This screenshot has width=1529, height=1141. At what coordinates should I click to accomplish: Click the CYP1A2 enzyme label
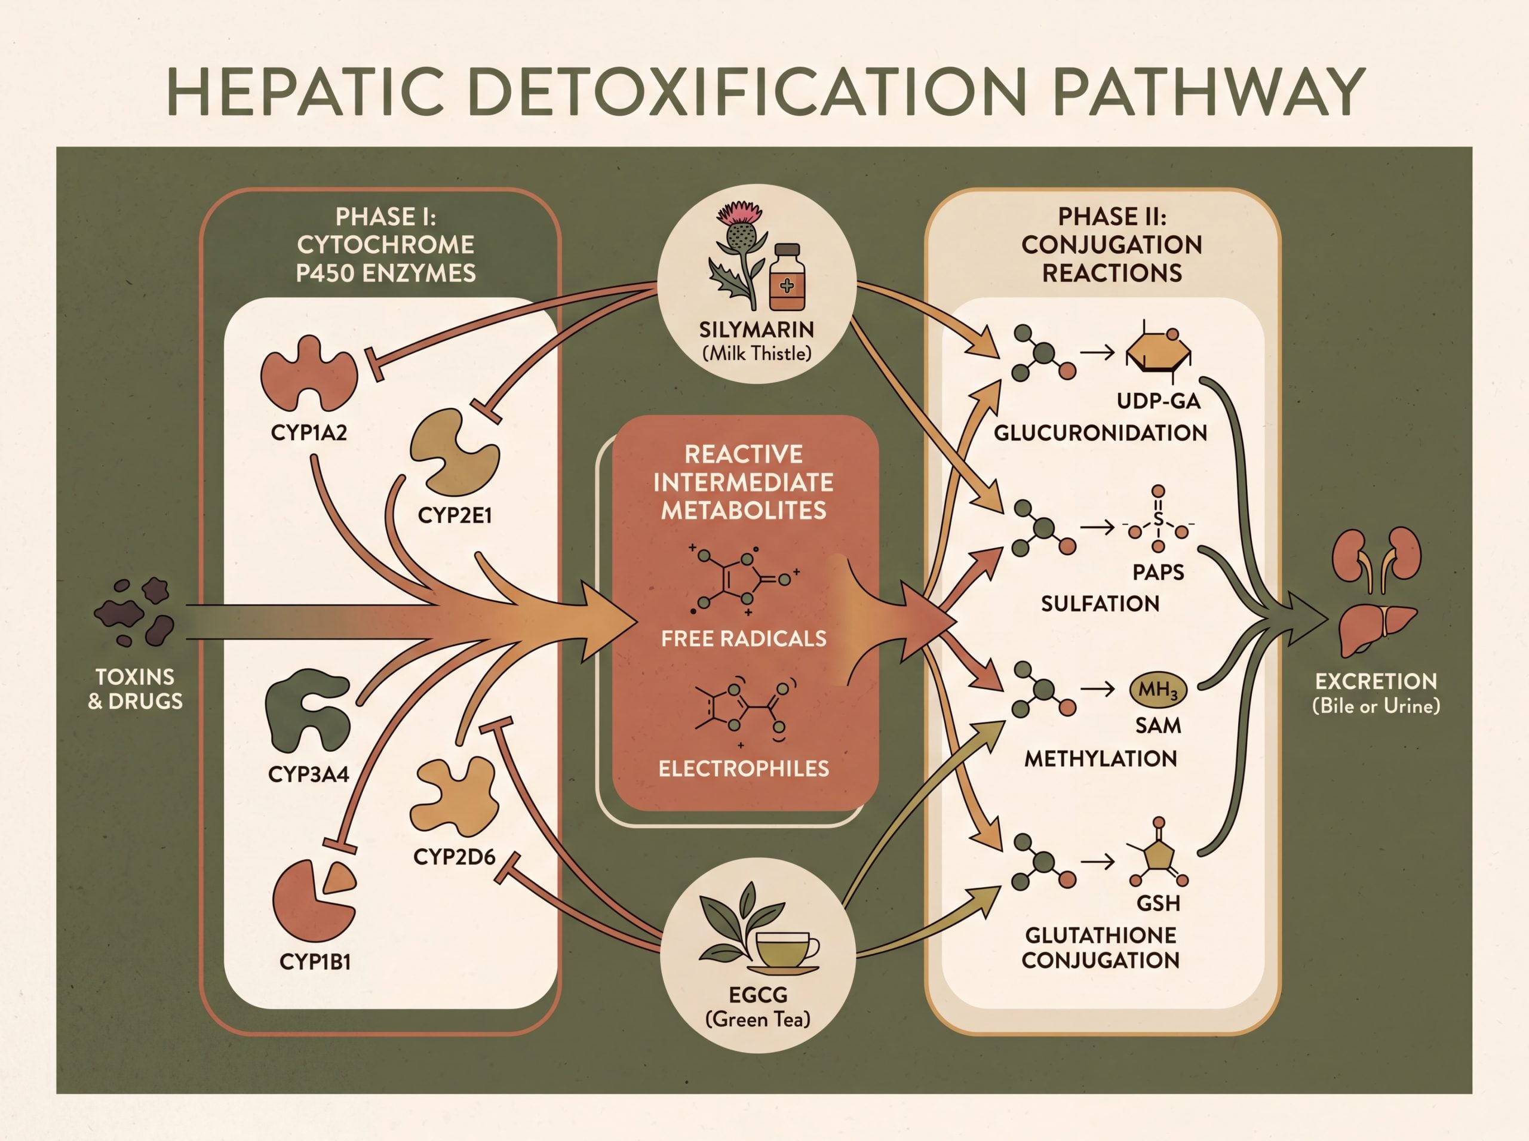coord(308,433)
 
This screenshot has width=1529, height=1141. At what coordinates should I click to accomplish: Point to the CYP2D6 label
coord(454,857)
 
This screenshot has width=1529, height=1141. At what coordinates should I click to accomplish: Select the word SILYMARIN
coord(757,330)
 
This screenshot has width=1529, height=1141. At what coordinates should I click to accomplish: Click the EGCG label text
coord(758,995)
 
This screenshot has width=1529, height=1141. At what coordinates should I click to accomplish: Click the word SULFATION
coord(1100,604)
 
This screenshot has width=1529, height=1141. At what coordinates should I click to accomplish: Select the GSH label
coord(1159,903)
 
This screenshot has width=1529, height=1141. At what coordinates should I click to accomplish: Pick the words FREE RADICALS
coord(744,638)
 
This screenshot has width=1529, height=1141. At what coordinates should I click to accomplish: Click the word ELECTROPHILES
coord(744,768)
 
